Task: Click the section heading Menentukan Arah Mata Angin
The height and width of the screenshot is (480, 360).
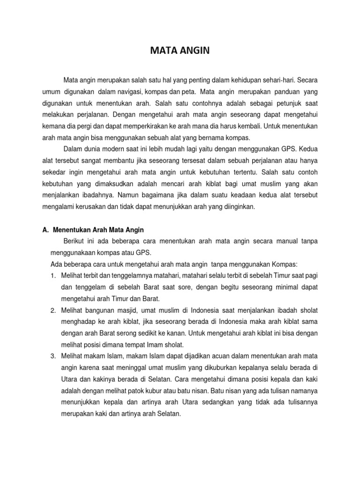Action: click(98, 230)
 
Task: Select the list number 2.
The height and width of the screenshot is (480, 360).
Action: click(53, 310)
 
